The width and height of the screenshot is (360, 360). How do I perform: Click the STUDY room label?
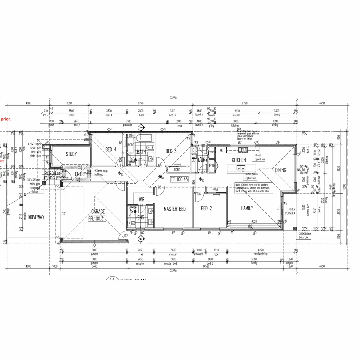71,154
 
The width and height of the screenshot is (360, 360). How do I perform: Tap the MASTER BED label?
175,209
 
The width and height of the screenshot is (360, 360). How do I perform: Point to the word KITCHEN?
239,160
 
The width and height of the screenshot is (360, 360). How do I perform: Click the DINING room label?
280,170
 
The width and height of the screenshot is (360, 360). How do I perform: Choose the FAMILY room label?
247,208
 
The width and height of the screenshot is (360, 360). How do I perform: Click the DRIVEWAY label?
36,217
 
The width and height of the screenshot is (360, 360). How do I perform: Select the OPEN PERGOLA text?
292,211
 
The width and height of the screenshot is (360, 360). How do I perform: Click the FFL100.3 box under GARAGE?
96,219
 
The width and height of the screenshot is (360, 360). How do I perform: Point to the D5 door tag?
160,187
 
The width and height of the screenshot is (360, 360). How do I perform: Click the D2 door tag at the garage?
126,236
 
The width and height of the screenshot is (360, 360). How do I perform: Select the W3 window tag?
173,232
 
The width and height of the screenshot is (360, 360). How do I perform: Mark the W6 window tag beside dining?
298,170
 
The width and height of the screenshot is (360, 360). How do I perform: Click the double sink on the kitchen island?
241,168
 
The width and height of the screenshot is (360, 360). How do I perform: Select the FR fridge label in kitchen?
221,151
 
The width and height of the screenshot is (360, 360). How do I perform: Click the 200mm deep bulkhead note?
101,172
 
